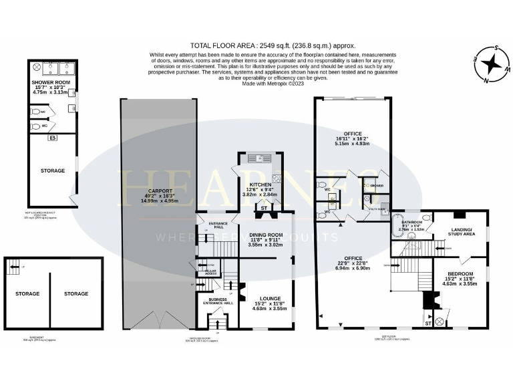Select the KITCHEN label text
click(x=261, y=184)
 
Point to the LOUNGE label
click(x=267, y=298)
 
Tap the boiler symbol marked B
click(x=52, y=138)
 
